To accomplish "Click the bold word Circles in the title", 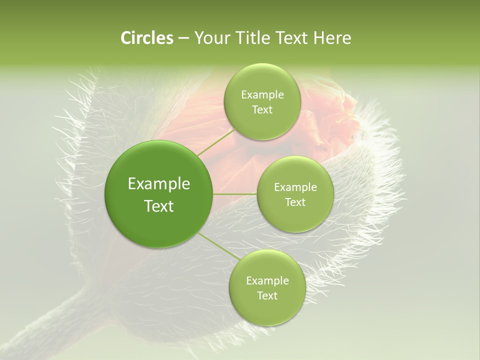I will click(147, 38).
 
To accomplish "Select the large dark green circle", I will click(159, 194).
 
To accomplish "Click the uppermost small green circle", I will click(262, 101).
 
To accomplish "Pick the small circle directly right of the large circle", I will click(295, 194).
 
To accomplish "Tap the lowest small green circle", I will click(267, 287).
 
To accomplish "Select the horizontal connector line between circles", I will click(235, 194).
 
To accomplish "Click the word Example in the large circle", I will click(159, 184).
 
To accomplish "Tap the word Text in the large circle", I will click(159, 206).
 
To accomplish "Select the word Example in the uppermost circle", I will click(262, 94).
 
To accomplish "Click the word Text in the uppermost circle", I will click(262, 109).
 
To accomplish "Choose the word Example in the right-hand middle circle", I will click(295, 187).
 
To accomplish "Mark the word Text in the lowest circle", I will click(267, 295).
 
